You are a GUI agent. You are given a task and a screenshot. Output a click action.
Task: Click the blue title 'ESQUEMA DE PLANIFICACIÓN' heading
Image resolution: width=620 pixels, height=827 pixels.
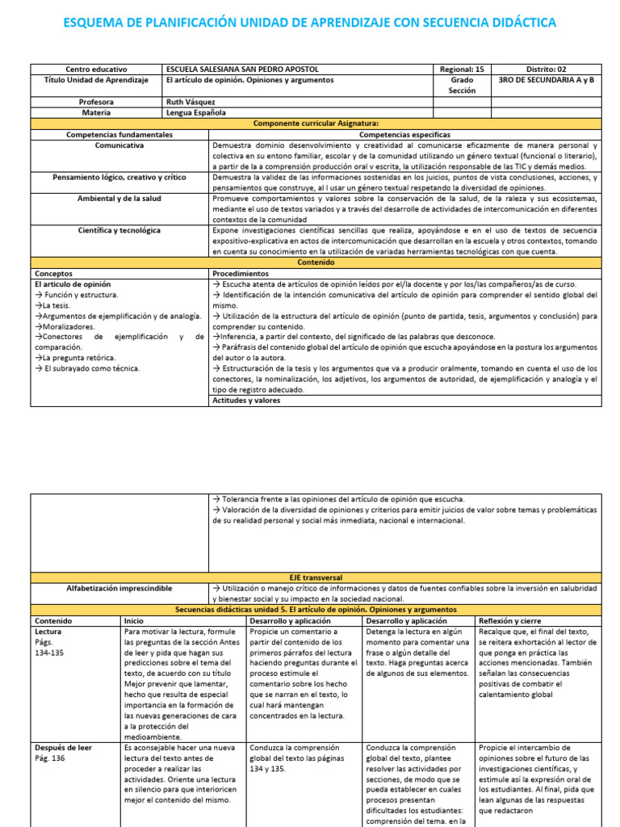[310, 23]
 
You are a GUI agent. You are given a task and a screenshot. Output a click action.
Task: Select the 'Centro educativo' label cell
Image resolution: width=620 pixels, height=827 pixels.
[96, 70]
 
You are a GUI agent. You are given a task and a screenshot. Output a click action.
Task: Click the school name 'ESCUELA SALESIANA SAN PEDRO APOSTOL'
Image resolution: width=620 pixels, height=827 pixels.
[240, 70]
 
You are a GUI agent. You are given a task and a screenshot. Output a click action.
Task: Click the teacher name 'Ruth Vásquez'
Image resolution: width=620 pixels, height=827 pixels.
[191, 103]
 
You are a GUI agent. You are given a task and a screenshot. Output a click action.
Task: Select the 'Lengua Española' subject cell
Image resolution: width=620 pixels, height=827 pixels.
[196, 113]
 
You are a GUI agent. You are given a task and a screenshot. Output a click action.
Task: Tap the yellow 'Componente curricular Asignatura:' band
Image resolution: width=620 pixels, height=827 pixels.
[316, 124]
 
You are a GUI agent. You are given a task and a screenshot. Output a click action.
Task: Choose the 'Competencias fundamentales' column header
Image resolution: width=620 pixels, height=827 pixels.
[119, 135]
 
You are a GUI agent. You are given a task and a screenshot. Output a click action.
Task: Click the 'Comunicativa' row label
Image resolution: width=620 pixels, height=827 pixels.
[119, 145]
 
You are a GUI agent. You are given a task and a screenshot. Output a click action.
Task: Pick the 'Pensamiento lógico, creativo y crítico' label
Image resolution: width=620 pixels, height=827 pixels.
[119, 177]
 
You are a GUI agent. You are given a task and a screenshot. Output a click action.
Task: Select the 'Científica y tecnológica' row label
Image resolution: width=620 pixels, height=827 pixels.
[119, 230]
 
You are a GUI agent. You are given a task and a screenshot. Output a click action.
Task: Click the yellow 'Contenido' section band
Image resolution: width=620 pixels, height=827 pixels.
[316, 262]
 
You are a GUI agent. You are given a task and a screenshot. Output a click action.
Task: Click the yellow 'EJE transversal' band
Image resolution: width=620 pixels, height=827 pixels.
[316, 577]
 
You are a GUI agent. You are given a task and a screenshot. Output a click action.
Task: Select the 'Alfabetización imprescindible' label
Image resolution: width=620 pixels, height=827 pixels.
[119, 589]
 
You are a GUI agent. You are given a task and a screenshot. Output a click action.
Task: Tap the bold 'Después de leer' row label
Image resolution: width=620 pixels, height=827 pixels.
[63, 748]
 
